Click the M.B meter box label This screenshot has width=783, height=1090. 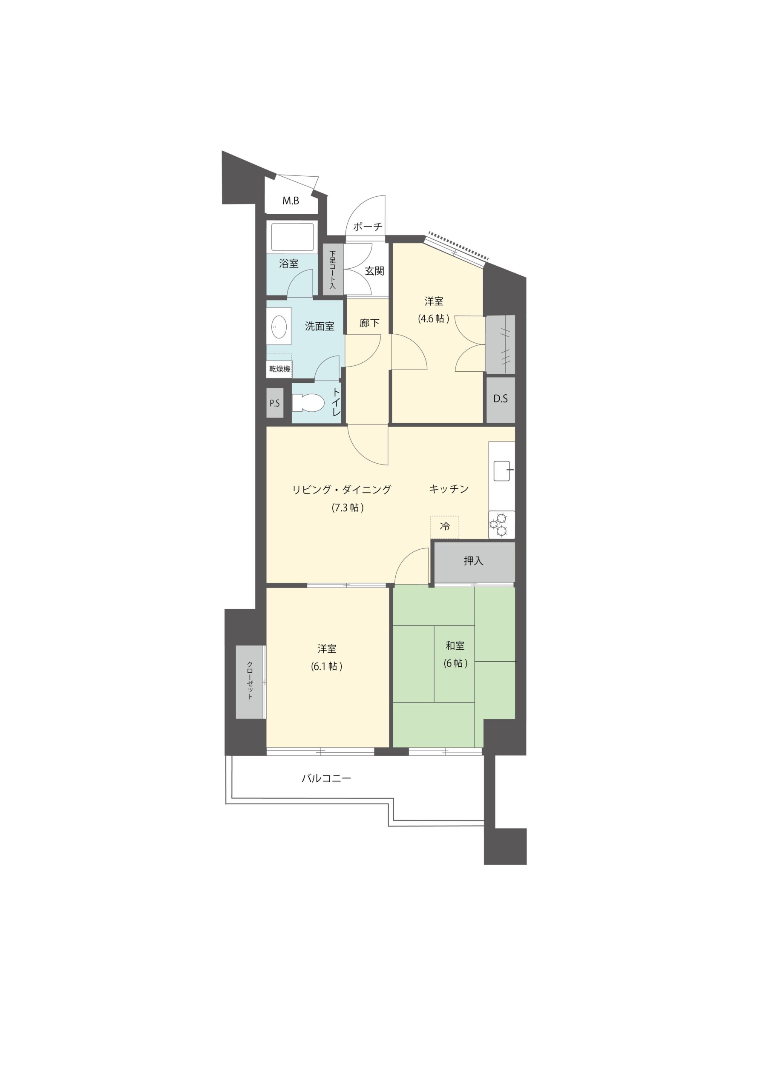click(291, 201)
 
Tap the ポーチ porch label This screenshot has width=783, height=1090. click(368, 227)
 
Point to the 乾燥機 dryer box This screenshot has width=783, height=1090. click(279, 369)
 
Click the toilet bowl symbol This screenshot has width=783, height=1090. click(308, 403)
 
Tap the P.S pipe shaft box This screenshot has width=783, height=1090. click(275, 403)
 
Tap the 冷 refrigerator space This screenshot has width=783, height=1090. click(445, 527)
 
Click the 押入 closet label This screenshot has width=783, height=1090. click(473, 560)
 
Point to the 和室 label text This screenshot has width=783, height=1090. click(455, 645)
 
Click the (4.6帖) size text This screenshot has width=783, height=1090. click(433, 318)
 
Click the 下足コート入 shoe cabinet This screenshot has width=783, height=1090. click(332, 269)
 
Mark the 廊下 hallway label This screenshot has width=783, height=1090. click(369, 323)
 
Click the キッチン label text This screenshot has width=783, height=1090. click(449, 489)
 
